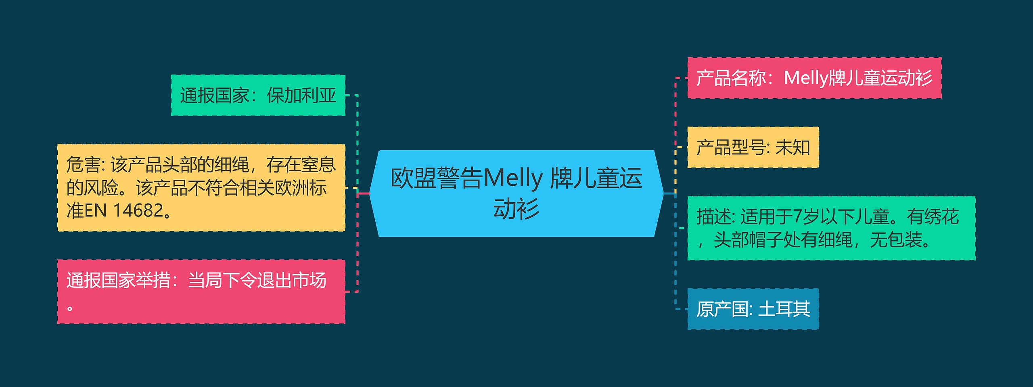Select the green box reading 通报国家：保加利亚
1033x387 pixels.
(x=258, y=96)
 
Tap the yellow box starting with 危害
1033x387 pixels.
(x=201, y=187)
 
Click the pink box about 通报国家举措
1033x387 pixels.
(x=201, y=291)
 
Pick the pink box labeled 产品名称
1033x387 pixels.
(x=814, y=78)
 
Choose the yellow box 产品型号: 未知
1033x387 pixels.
(x=753, y=147)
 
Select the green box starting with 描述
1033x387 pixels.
(x=831, y=228)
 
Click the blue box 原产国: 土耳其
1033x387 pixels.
(x=753, y=309)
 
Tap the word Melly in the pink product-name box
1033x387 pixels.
(x=805, y=78)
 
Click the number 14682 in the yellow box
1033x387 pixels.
(x=138, y=210)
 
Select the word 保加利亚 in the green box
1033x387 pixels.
(x=301, y=96)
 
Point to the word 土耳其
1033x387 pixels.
(x=784, y=309)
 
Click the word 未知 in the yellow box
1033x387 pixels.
(x=793, y=147)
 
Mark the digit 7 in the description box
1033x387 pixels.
(x=798, y=217)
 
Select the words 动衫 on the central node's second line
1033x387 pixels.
(x=516, y=209)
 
